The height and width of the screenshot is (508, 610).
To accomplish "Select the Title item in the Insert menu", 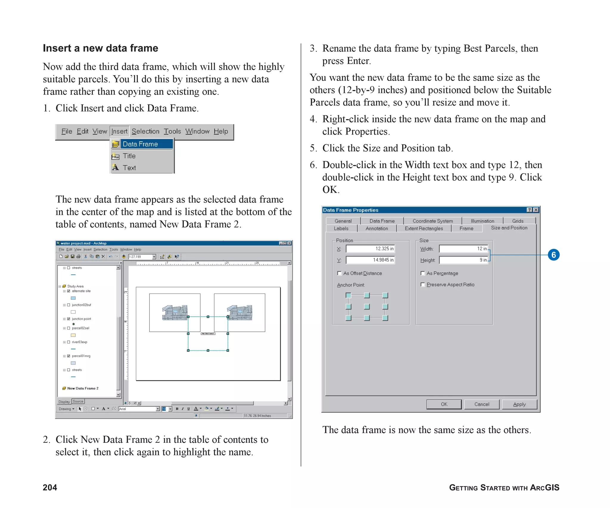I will tap(129, 156).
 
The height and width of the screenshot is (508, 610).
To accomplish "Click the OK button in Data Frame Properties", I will tap(444, 404).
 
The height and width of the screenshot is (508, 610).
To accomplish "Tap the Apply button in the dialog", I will tap(519, 404).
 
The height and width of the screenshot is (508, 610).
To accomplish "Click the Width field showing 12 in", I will tap(463, 248).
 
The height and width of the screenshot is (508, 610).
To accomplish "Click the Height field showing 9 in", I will tap(463, 260).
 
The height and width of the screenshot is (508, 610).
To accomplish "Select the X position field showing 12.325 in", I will tap(370, 248).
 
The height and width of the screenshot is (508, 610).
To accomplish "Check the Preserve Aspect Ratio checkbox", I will tap(423, 285).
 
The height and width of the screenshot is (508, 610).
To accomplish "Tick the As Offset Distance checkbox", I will tap(339, 273).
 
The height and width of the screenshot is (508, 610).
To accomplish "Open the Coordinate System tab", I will tap(432, 221).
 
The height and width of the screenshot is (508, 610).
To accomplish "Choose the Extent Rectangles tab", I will tap(424, 228).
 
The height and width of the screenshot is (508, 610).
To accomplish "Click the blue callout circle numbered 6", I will tap(553, 255).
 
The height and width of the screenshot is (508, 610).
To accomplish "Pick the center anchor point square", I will tap(367, 307).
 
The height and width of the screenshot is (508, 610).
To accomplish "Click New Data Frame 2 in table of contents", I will tap(83, 388).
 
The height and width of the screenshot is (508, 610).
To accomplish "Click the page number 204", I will tap(50, 487).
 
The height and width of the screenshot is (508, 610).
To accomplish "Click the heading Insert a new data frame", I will tap(100, 48).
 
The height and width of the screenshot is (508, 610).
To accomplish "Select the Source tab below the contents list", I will tap(78, 401).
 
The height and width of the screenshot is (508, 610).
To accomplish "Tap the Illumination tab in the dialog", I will tap(482, 221).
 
